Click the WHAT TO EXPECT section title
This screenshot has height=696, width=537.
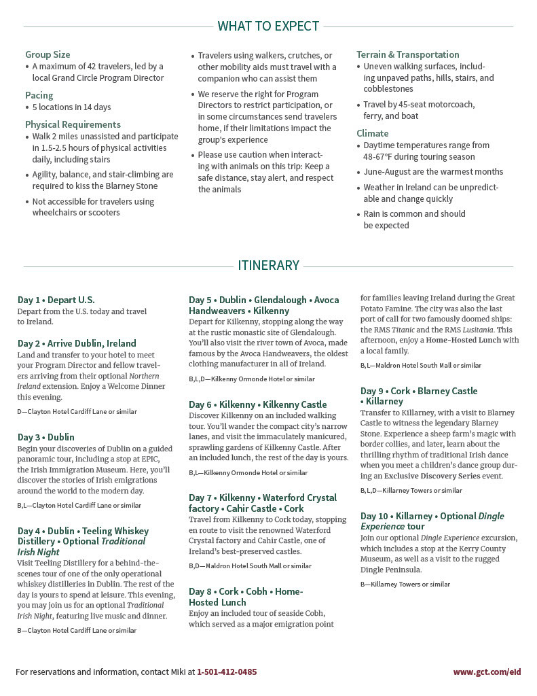click(x=268, y=27)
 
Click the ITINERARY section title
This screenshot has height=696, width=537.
click(x=268, y=265)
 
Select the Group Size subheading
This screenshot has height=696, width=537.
click(x=48, y=54)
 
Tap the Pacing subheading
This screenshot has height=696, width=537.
click(x=39, y=95)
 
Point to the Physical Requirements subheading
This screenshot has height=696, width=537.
click(x=73, y=124)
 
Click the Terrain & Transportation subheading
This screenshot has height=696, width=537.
click(x=407, y=54)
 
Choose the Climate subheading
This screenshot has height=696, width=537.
click(x=372, y=133)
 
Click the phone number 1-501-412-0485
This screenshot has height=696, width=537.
click(x=227, y=672)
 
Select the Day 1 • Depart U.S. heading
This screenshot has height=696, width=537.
click(x=56, y=300)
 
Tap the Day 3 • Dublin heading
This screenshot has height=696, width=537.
click(x=46, y=437)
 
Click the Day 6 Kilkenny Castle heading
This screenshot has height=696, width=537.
click(x=257, y=404)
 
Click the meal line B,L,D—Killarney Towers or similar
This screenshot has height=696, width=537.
click(x=411, y=490)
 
